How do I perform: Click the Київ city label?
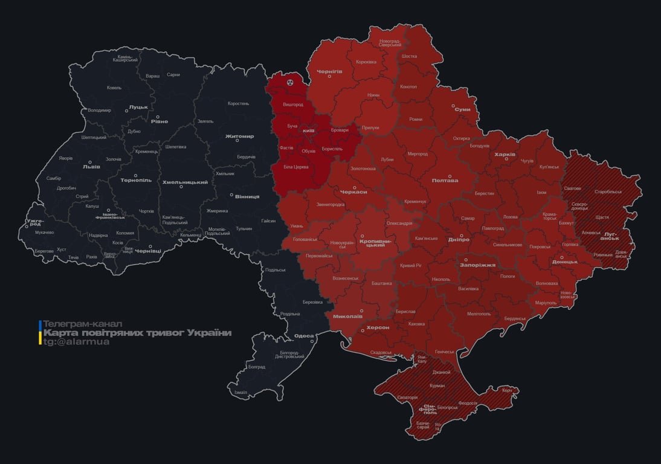tap(308, 130)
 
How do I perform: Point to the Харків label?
tap(505, 155)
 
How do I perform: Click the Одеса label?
tap(303, 336)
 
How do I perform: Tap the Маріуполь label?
tap(546, 302)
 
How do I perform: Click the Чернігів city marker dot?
tap(329, 77)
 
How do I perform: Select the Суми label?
tap(462, 109)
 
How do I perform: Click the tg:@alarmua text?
tap(76, 342)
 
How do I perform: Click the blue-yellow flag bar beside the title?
tap(40, 333)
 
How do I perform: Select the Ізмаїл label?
tap(240, 392)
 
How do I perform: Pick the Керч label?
tap(506, 390)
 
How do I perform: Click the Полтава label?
tap(445, 181)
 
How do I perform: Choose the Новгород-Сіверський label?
tap(390, 43)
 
